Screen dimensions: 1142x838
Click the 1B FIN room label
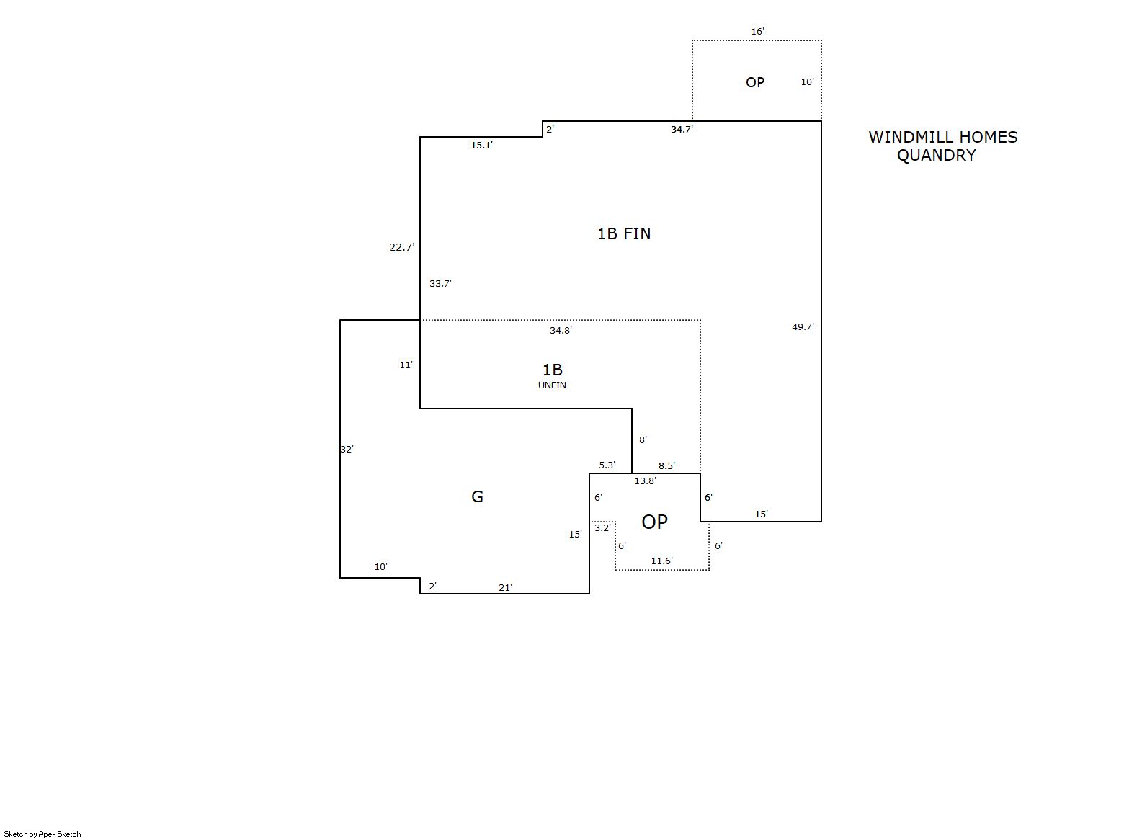coord(623,233)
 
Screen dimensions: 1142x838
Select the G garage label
coord(477,496)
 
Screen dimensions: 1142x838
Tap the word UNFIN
coord(552,385)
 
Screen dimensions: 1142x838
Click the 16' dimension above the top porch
coord(757,32)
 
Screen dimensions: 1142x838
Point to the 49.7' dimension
coord(803,326)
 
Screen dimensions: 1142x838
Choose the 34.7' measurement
coord(682,130)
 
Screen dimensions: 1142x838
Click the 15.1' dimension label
coord(481,146)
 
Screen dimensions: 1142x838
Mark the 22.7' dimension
coord(402,247)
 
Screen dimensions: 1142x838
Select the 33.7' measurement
coord(440,283)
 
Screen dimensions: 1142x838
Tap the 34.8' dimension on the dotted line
coord(561,330)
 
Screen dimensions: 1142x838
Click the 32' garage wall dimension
coord(347,449)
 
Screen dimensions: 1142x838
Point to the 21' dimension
coord(505,588)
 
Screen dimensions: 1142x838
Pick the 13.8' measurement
coord(645,481)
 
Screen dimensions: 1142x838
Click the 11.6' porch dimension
coord(661,561)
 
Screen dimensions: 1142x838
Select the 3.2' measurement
coord(602,527)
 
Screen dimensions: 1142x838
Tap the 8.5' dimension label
coord(666,465)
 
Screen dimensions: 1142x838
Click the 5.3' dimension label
coord(607,465)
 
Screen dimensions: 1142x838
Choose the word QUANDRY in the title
coord(936,155)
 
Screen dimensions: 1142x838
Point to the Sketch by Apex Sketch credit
coord(43,834)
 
